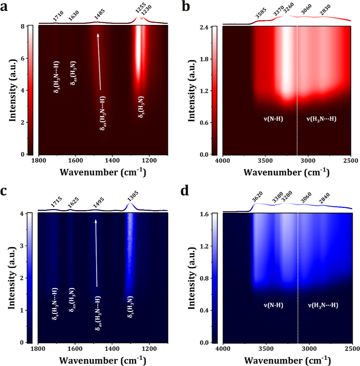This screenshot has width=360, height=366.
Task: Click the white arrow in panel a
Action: (99, 61)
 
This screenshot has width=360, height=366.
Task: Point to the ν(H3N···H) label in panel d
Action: (323, 305)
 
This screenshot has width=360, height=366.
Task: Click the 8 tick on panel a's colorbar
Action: (23, 26)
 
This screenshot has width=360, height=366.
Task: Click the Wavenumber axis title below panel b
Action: (286, 172)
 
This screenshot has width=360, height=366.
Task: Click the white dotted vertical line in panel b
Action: (297, 90)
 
